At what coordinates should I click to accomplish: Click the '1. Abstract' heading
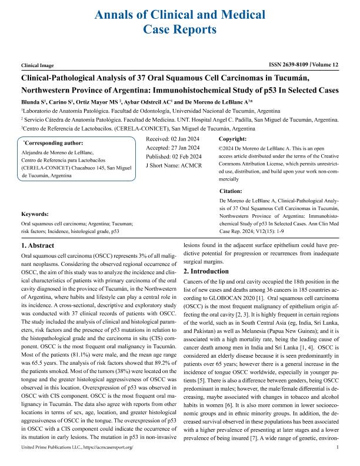click(39, 244)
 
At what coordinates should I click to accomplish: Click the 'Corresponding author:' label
click(53, 143)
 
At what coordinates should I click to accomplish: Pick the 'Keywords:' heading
click(35, 214)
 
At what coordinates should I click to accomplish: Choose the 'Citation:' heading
click(230, 192)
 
